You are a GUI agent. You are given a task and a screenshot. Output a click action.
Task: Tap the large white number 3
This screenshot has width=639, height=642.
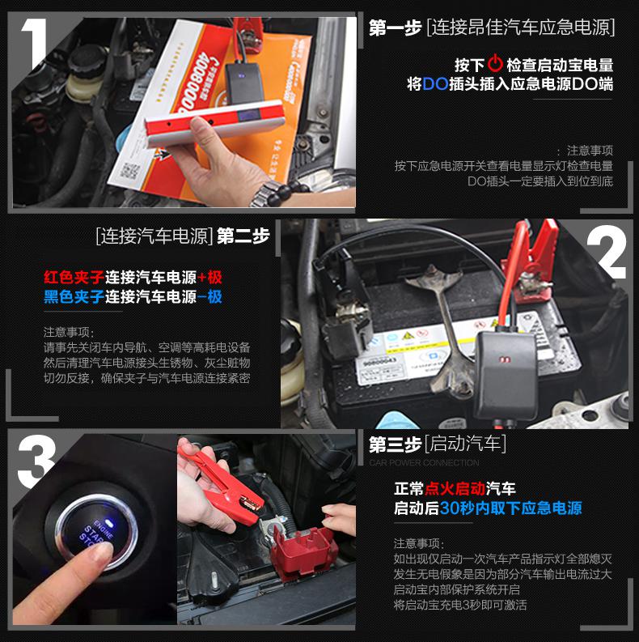36,461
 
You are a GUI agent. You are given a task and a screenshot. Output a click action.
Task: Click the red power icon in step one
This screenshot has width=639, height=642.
495,65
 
